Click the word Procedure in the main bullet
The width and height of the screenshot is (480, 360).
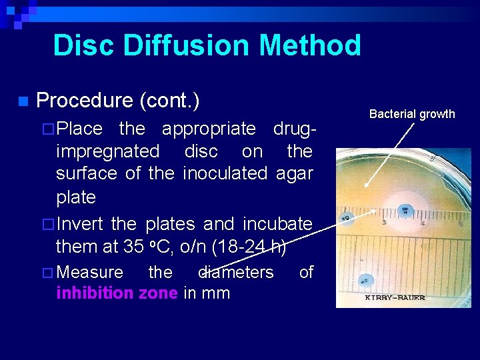point(85,101)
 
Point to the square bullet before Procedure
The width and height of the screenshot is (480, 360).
point(23,102)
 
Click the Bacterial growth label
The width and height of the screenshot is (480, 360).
point(412,114)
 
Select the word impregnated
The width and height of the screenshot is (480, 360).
point(108,151)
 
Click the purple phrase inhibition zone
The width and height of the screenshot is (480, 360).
point(117,293)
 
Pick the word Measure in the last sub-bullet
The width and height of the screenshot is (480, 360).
point(90,272)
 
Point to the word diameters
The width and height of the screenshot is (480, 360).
point(237,272)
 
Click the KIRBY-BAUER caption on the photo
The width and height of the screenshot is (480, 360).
point(395,297)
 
